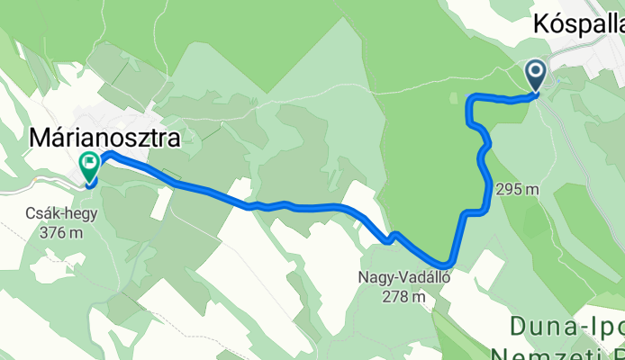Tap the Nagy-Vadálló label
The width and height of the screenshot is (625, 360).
click(x=404, y=277)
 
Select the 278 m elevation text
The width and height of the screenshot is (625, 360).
click(x=404, y=295)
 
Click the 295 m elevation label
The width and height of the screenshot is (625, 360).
click(x=517, y=189)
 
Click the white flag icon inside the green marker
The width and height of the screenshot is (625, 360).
click(x=90, y=163)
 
